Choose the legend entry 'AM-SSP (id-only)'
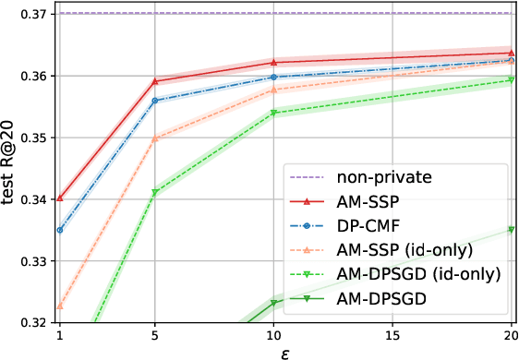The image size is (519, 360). (x=398, y=249)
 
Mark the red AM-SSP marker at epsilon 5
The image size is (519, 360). (x=155, y=81)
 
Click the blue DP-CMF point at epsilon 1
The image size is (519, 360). (x=60, y=230)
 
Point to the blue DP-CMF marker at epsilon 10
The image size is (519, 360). (x=273, y=77)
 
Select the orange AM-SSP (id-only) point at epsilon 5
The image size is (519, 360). (x=155, y=138)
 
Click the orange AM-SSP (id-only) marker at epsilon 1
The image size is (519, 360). (x=60, y=306)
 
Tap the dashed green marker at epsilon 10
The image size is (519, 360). (x=273, y=114)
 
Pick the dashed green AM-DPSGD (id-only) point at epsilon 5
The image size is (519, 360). (x=155, y=192)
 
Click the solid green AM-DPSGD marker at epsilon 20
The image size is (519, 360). (x=511, y=230)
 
